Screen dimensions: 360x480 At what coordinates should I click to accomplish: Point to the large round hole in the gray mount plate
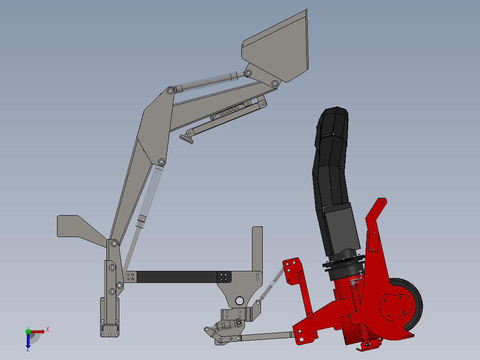[x=239, y=300]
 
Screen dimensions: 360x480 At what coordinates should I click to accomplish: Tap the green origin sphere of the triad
[x=28, y=331]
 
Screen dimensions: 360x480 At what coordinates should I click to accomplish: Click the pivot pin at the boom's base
[x=114, y=243]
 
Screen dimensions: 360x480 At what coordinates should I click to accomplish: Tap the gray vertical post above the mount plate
[x=257, y=247]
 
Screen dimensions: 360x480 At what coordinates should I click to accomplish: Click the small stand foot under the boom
[x=187, y=139]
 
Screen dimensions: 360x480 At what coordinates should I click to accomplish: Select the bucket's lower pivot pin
[x=275, y=83]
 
